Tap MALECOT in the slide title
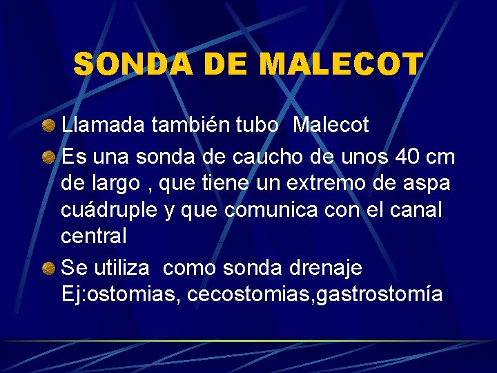342,65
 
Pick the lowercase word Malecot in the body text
331,125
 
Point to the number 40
400,157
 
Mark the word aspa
427,185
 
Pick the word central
94,236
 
